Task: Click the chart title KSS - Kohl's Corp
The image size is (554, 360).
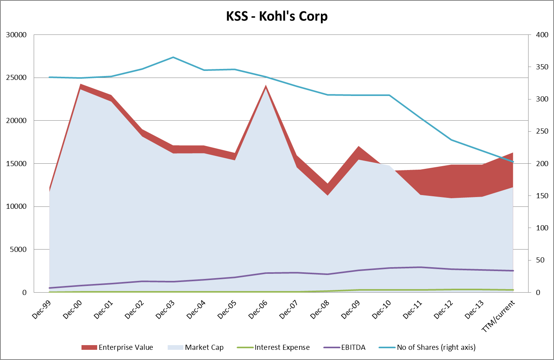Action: (x=277, y=16)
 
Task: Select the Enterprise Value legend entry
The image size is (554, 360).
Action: (x=117, y=347)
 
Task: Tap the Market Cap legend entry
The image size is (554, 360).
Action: (x=196, y=347)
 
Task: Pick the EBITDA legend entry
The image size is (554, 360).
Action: (x=345, y=347)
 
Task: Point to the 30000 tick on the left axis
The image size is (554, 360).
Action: (x=16, y=35)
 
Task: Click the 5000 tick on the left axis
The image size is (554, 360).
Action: (x=18, y=250)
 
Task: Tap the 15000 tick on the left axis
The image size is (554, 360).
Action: (x=16, y=164)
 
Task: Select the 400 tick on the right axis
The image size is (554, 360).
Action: (x=542, y=35)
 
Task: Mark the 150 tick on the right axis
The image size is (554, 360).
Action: (x=542, y=196)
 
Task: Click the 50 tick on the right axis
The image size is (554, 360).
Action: (x=541, y=260)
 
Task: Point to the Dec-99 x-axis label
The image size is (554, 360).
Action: (x=42, y=310)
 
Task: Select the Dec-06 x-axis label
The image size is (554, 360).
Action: (x=258, y=310)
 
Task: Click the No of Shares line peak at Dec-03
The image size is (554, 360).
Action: (x=173, y=57)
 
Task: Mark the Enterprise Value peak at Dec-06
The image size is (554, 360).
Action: (x=266, y=86)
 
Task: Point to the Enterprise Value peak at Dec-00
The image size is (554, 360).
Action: (x=80, y=85)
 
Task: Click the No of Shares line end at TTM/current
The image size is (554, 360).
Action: (x=513, y=162)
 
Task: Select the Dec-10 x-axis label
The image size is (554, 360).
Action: (x=382, y=310)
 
